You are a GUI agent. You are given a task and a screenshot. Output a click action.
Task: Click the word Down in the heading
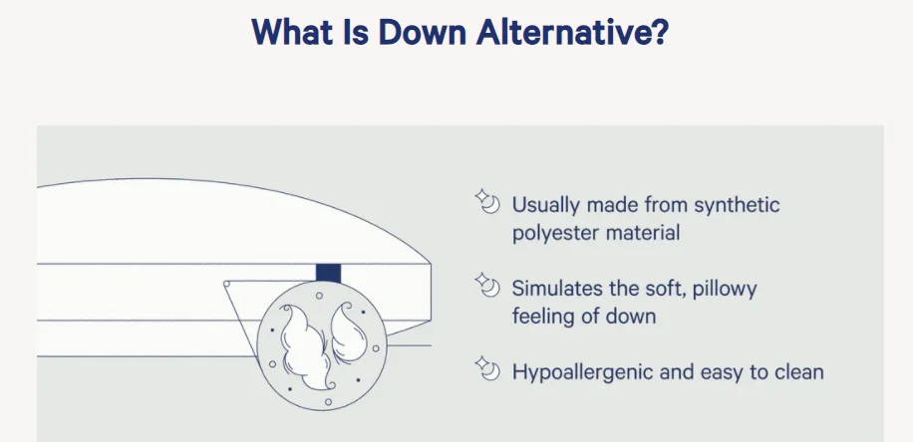point(423,32)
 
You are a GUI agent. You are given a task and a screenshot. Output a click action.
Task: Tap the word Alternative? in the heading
point(572,32)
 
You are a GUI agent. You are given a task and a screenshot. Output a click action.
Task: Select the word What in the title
point(292,32)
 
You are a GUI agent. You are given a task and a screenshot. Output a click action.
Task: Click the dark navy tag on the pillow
point(328,274)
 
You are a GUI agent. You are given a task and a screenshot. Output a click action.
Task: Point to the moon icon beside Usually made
point(487,201)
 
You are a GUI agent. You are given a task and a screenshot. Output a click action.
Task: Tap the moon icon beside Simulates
point(487,285)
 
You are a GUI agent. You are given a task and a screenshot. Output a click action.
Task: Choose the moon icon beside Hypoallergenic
point(487,368)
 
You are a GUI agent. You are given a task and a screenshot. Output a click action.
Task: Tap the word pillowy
point(725,289)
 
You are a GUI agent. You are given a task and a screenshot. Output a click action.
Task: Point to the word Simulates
point(559,289)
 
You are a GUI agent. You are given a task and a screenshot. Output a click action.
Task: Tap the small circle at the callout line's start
point(226,284)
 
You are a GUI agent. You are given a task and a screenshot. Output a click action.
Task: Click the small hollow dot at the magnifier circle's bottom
point(328,402)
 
